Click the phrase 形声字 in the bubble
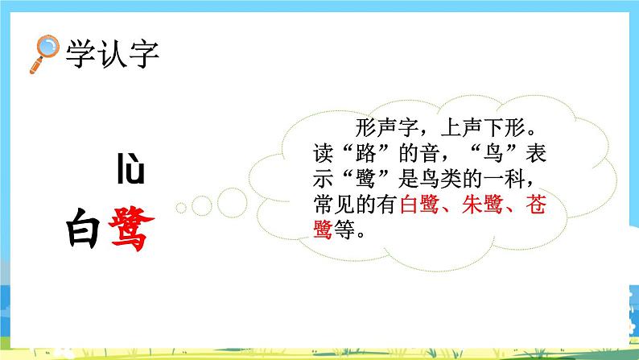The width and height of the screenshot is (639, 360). coord(380,129)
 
